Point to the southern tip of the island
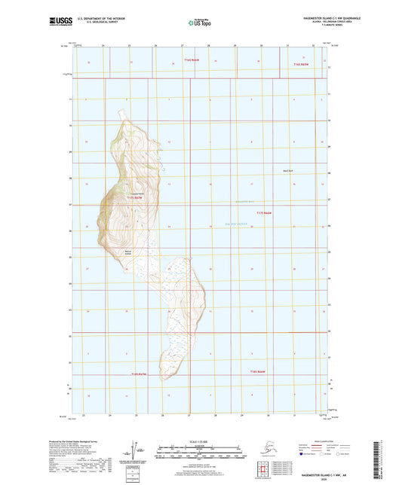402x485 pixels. pyautogui.click(x=162, y=380)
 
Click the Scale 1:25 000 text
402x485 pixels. pyautogui.click(x=201, y=441)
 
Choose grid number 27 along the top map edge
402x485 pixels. pyautogui.click(x=182, y=47)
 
